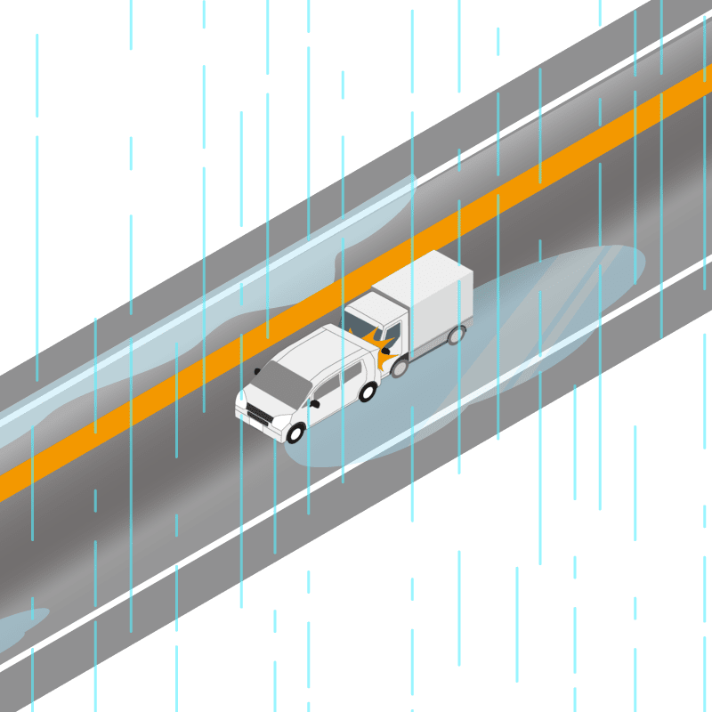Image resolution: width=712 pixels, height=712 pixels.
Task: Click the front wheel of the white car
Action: point(295,433)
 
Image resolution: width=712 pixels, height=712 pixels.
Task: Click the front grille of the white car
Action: point(259,415)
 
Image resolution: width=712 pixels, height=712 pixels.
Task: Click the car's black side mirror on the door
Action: point(314,405)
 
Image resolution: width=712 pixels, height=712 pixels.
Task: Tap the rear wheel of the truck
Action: point(456,335)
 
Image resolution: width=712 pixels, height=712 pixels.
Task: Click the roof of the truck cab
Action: point(369,305)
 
